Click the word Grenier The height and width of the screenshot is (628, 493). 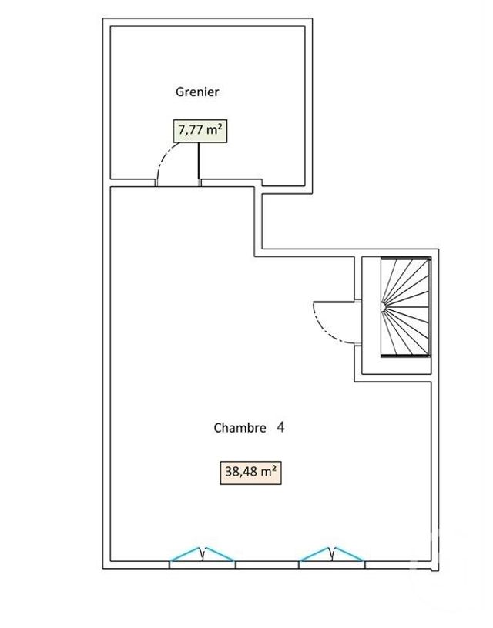[x=197, y=92]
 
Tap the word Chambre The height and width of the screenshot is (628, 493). [x=240, y=427]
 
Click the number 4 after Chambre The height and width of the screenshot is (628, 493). [x=280, y=426]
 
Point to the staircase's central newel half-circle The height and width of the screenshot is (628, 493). [x=384, y=307]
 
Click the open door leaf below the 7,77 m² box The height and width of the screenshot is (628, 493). [x=200, y=164]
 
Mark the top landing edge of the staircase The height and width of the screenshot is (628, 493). [x=406, y=258]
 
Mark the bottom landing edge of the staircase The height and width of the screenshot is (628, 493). [x=406, y=357]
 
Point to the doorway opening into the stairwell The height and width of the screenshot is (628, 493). [x=357, y=322]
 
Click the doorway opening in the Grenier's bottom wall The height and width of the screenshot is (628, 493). [x=178, y=185]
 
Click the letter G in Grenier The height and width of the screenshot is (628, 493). [x=179, y=92]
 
